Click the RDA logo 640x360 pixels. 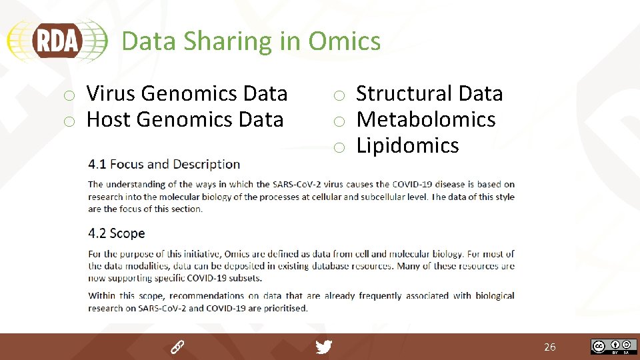[x=57, y=41]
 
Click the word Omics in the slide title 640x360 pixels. [x=344, y=41]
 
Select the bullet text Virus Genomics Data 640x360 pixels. [x=187, y=93]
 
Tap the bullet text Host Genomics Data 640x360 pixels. [x=185, y=119]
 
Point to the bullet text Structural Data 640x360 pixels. [x=429, y=93]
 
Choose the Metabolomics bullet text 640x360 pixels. [x=426, y=119]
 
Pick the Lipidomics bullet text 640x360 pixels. [x=407, y=145]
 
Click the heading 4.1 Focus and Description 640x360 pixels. [x=164, y=164]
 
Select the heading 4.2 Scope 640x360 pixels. [x=116, y=233]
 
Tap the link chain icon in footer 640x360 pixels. [x=177, y=347]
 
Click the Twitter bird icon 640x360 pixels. [x=323, y=347]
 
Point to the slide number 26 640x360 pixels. [x=549, y=347]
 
